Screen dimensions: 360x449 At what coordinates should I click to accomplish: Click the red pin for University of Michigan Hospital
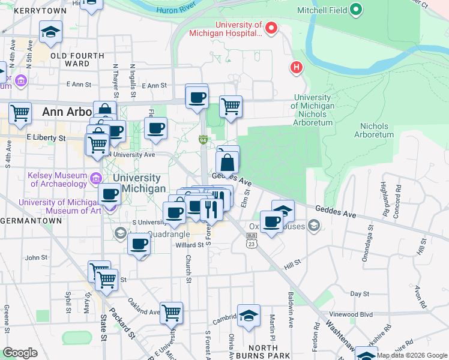[x=271, y=28]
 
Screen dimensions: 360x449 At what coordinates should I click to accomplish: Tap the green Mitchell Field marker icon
[x=356, y=9]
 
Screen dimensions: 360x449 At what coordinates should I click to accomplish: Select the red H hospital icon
[x=295, y=67]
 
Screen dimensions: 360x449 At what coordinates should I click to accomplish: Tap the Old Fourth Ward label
[x=70, y=60]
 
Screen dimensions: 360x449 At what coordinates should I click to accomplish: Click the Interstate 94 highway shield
[x=203, y=140]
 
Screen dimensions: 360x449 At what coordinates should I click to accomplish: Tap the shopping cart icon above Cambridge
[x=172, y=311]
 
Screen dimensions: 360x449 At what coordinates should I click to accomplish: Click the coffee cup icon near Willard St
[x=139, y=244]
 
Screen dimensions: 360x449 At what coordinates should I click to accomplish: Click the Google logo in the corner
[x=20, y=353]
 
